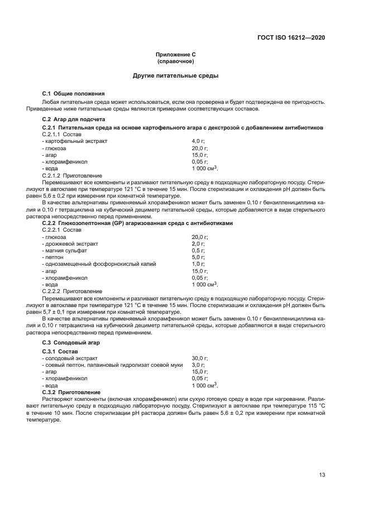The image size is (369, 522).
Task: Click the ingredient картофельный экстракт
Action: (x=75, y=141)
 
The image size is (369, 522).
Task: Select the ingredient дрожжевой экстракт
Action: (x=71, y=244)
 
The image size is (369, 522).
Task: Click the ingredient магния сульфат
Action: (x=67, y=251)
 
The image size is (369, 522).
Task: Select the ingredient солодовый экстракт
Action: (x=70, y=358)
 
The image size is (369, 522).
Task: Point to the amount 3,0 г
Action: (x=198, y=365)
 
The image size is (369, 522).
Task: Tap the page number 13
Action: (x=322, y=475)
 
